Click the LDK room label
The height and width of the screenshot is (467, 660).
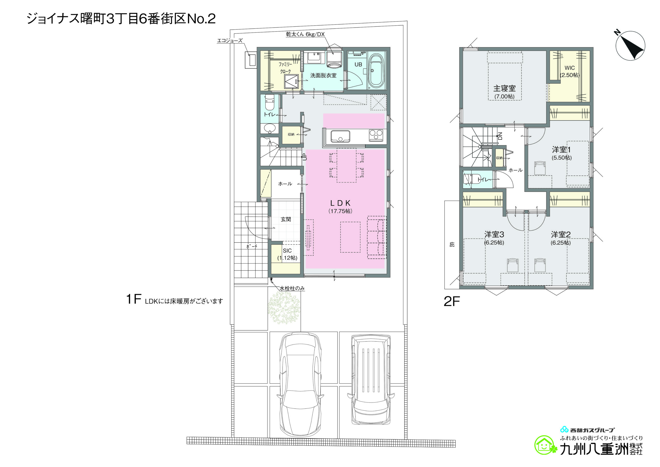tap(340, 203)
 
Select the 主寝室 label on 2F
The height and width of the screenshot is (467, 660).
tap(505, 88)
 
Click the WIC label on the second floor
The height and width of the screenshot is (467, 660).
tap(570, 68)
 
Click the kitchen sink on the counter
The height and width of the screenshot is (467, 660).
tap(340, 136)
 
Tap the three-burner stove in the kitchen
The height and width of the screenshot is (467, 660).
tap(376, 135)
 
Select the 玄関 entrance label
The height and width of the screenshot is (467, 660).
tap(286, 219)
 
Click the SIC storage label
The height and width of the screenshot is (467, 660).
tap(287, 251)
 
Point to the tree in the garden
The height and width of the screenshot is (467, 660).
tap(284, 308)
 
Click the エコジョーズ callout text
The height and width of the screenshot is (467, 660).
tap(230, 41)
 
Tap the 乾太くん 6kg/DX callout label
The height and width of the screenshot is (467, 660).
tap(305, 34)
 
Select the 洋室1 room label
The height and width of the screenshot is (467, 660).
tap(562, 150)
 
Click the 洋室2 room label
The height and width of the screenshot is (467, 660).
tap(561, 235)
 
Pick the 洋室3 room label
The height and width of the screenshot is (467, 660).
tap(494, 235)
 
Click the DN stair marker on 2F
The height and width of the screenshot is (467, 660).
tap(500, 136)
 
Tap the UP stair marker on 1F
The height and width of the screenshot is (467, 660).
tap(305, 157)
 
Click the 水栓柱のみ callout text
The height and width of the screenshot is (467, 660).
tap(292, 288)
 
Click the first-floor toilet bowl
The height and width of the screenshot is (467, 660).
tap(269, 103)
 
